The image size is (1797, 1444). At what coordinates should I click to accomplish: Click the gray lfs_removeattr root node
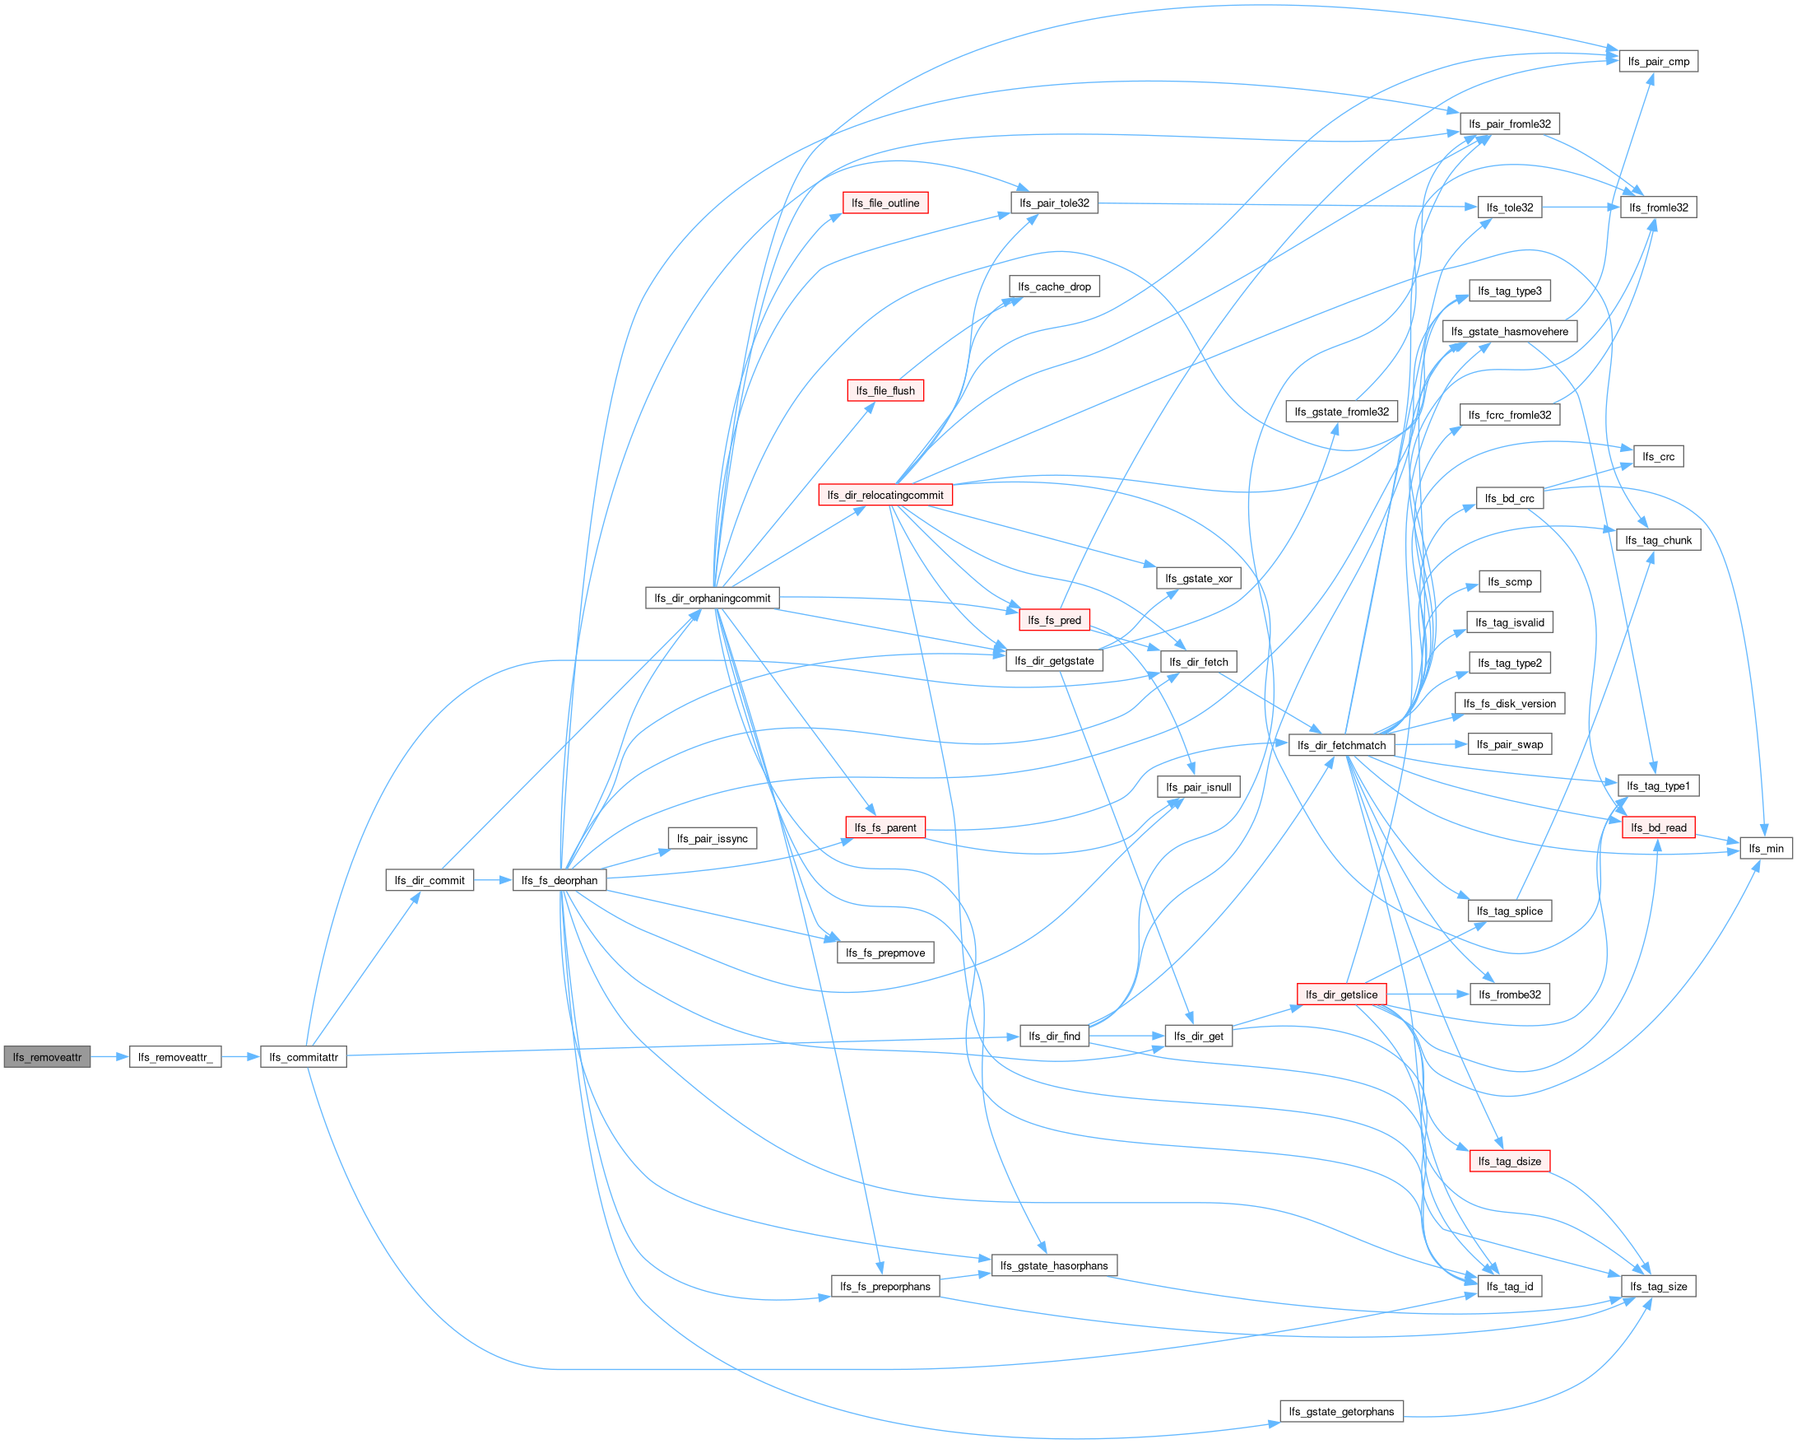point(48,1057)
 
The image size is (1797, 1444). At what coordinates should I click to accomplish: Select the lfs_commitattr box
point(304,1057)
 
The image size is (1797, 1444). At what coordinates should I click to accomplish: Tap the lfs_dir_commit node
point(430,880)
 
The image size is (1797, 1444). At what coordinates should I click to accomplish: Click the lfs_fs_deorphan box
point(560,880)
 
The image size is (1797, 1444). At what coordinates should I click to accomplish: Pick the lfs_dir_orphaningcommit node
point(712,598)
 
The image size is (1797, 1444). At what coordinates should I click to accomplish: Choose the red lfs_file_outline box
point(885,203)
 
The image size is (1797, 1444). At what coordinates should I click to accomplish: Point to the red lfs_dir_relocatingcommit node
point(885,495)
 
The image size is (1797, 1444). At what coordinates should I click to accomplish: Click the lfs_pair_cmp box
point(1658,61)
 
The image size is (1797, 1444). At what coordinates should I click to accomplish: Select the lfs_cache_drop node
point(1054,286)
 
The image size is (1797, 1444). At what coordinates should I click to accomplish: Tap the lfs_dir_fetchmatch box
point(1341,744)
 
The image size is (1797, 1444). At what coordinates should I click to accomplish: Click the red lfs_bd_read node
point(1658,827)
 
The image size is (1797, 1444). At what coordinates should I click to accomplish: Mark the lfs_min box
point(1767,848)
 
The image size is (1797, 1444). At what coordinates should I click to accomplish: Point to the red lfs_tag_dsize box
point(1510,1161)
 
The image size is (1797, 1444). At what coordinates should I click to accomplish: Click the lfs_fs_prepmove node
point(885,953)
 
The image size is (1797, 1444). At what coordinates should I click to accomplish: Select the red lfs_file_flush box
point(885,390)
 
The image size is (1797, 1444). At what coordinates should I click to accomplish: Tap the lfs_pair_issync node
point(712,838)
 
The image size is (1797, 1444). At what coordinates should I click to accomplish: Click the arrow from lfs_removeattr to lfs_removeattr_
point(110,1057)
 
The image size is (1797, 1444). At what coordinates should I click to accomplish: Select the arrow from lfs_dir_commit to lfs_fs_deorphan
point(493,880)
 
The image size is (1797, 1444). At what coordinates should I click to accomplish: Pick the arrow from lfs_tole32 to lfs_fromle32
point(1581,207)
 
